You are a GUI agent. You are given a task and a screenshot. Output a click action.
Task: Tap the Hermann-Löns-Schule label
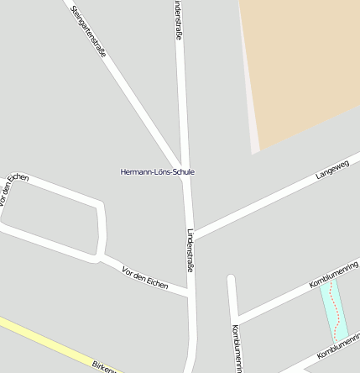click(x=158, y=171)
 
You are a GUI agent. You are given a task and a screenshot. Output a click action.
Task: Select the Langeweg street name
click(x=331, y=169)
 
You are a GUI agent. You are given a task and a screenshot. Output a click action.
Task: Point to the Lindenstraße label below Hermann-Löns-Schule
click(x=191, y=250)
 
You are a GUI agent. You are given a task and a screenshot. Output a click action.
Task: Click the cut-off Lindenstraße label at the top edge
click(x=178, y=18)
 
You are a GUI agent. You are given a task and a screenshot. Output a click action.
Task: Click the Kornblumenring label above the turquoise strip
click(x=334, y=274)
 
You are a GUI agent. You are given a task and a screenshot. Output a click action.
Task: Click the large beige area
click(x=302, y=67)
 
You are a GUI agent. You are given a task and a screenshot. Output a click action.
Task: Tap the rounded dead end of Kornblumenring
click(x=232, y=278)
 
